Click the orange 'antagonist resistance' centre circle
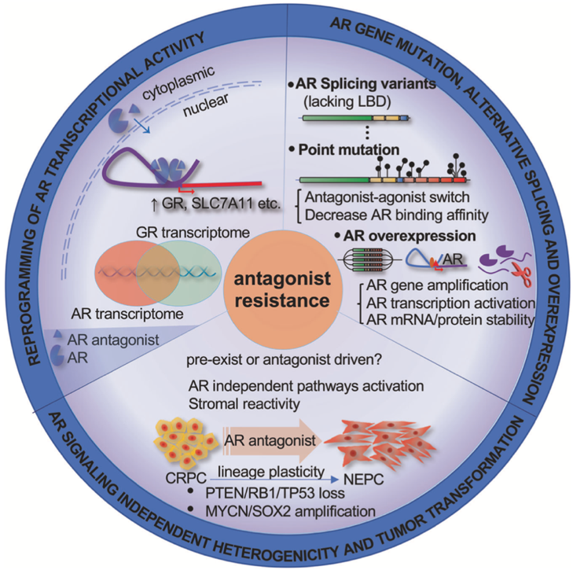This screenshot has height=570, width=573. [286, 286]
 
